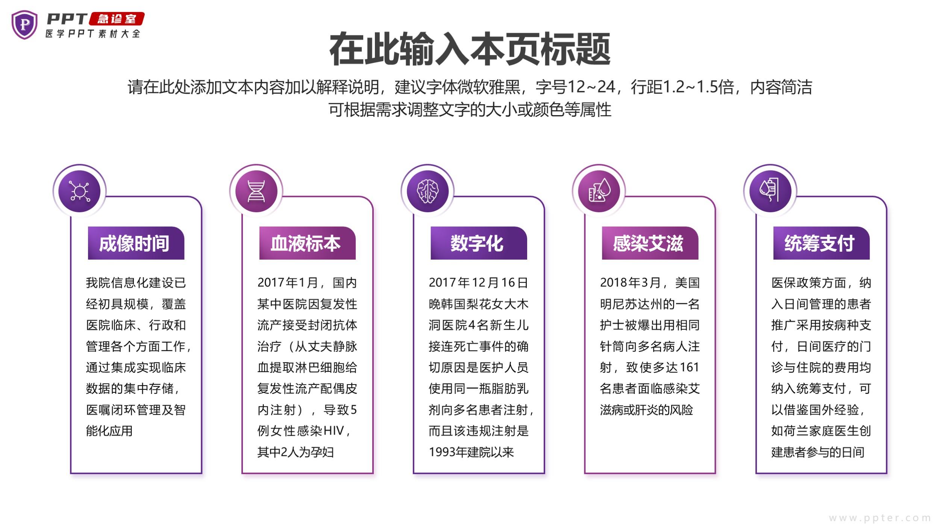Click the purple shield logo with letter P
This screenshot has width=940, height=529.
25,25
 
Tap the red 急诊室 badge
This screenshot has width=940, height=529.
117,19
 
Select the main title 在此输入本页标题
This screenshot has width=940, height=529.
470,49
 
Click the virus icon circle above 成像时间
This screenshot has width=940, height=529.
80,191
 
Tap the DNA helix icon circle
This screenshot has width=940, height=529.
256,191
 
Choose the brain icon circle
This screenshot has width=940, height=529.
428,191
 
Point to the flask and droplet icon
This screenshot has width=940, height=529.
599,191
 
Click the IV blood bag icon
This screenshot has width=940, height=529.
770,191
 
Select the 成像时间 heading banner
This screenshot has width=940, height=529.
136,243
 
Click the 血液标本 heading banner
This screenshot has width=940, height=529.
308,243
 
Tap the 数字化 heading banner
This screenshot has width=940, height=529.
479,243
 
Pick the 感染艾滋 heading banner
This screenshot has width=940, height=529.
650,243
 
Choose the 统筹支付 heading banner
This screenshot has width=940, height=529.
822,243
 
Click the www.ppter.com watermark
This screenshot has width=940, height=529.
880,518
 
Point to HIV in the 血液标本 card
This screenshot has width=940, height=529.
334,430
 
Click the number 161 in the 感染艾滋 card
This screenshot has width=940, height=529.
690,367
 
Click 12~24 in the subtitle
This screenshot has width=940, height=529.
591,87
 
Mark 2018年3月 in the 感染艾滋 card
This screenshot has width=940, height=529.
630,283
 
